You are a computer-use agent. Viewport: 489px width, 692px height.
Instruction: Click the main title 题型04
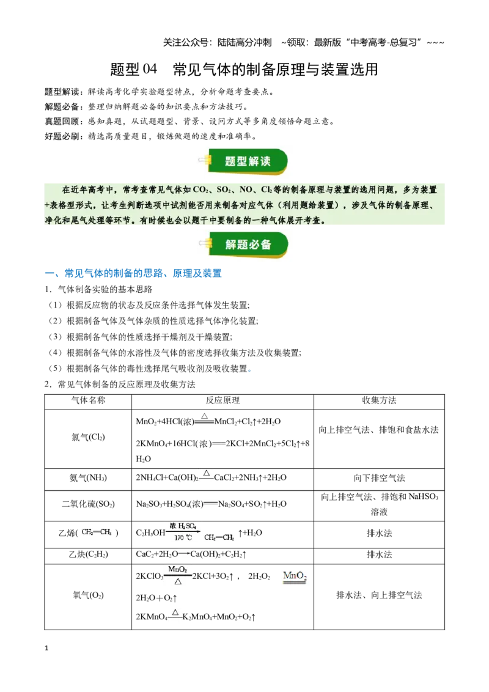coord(134,69)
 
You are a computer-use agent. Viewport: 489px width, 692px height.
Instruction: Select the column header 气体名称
coord(88,400)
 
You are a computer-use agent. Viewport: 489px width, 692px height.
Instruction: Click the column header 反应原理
coord(222,400)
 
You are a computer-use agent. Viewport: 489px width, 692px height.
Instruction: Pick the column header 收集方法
coord(379,400)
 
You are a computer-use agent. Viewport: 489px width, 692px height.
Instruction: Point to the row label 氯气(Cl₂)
coord(88,437)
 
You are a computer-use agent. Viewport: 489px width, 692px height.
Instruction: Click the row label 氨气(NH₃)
coord(88,478)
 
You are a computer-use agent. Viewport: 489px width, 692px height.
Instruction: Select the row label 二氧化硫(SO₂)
coord(88,504)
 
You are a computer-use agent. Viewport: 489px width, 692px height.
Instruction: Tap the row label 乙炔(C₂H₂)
coord(88,554)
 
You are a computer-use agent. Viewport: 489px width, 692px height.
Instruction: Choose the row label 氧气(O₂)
coord(88,595)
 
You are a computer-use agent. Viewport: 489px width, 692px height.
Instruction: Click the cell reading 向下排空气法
coord(379,478)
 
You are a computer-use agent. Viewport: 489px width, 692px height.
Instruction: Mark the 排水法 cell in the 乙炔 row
coord(379,554)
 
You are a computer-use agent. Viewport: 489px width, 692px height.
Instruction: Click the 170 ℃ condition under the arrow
coord(183,537)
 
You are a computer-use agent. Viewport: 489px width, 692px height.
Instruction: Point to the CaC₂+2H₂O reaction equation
coord(191,554)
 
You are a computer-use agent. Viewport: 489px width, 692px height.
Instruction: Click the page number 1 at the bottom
coord(46,648)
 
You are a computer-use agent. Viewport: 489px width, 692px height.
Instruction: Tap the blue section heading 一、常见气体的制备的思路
coord(133,273)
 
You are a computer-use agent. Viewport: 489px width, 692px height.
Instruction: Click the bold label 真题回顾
coord(62,122)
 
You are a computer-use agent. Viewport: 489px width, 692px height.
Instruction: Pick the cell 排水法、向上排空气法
coord(379,595)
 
